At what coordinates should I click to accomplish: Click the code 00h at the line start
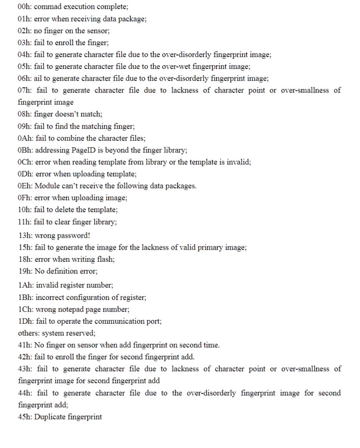click(x=24, y=7)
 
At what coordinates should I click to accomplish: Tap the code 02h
click(x=24, y=30)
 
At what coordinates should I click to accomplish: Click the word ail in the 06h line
click(x=39, y=78)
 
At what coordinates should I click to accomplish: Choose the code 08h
click(x=24, y=114)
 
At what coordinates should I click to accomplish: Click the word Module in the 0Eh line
click(x=47, y=186)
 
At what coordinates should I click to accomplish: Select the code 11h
click(x=24, y=222)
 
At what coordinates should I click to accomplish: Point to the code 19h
click(x=24, y=271)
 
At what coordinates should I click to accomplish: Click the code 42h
click(x=24, y=357)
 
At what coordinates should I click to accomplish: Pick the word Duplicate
click(x=50, y=417)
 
